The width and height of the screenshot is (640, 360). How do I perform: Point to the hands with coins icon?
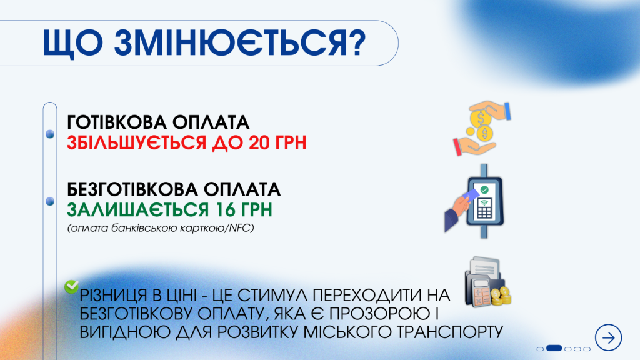(482, 129)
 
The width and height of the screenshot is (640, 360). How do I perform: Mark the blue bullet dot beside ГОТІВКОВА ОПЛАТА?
(49, 133)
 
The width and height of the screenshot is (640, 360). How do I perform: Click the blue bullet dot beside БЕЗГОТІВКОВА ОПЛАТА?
(49, 201)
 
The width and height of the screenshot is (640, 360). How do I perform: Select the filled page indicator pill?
(554, 348)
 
